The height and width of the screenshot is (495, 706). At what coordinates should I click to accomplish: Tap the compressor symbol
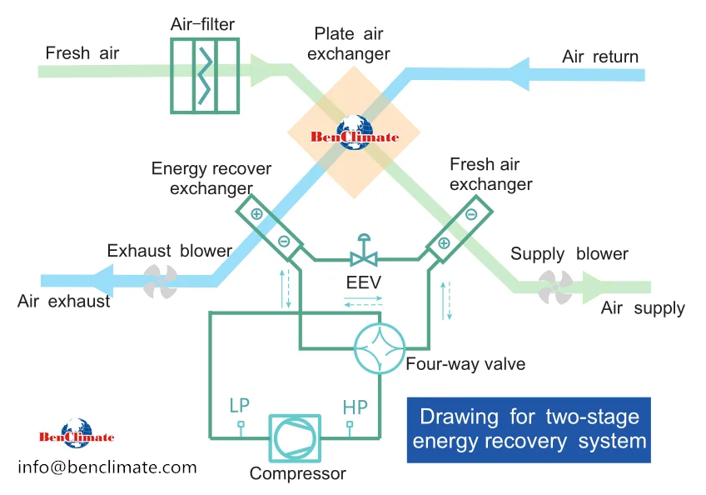click(x=295, y=438)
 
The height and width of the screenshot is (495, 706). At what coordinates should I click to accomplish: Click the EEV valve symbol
click(x=364, y=250)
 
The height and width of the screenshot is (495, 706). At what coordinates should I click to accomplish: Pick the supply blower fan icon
click(x=555, y=287)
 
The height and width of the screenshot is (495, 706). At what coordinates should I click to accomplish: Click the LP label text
click(x=239, y=405)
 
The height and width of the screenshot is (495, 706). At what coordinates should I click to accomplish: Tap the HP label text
click(x=355, y=407)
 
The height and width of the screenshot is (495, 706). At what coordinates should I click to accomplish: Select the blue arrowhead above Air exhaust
click(x=102, y=280)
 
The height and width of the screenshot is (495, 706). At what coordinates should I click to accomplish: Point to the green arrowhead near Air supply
click(x=594, y=287)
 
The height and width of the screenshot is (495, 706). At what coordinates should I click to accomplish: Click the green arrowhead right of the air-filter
click(x=262, y=70)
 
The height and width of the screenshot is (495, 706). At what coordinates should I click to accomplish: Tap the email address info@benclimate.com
click(x=107, y=467)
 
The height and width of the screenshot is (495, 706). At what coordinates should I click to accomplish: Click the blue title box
click(x=529, y=430)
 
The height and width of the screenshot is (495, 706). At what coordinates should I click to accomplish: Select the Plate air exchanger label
click(x=349, y=43)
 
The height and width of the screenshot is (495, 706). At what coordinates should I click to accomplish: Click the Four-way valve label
click(x=465, y=364)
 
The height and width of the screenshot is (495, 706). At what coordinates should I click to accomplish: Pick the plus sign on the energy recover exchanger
click(x=256, y=213)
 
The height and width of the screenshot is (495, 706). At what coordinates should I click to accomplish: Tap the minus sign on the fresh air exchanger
click(x=471, y=214)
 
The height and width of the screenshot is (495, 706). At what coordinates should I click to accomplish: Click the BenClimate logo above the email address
click(x=77, y=433)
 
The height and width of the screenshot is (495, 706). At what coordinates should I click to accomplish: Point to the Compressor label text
click(x=297, y=473)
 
